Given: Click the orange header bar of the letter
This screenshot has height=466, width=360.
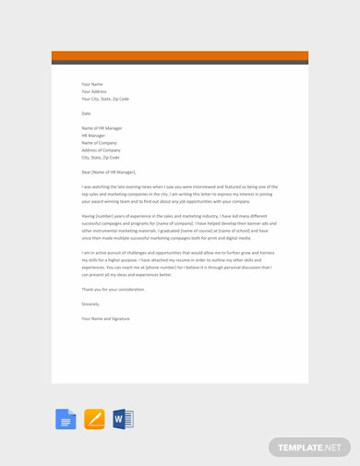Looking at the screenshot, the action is click(180, 55).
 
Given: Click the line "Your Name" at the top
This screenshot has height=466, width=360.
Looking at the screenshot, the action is click(92, 84).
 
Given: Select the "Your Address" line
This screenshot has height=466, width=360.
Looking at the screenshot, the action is click(94, 91).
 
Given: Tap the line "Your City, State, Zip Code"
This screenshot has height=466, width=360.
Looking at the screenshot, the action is click(105, 99).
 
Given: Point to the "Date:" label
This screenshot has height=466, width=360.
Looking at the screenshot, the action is click(87, 114).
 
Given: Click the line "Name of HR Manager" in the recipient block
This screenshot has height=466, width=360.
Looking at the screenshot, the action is click(102, 128).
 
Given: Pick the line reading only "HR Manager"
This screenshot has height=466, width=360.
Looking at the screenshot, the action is click(93, 136).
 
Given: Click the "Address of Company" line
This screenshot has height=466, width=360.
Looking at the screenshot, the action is click(102, 150).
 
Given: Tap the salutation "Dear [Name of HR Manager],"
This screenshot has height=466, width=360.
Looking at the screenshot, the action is click(109, 172).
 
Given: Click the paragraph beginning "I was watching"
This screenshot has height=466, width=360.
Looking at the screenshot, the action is click(179, 194).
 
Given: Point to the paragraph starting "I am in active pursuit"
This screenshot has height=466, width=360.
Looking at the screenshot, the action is click(179, 263).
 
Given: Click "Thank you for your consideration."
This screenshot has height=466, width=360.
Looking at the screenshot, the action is click(113, 289).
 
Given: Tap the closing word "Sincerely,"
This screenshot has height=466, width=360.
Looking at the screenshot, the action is click(90, 304).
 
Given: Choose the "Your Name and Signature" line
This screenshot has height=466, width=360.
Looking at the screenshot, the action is click(105, 318).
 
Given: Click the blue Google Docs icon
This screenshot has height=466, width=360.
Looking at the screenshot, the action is click(66, 419).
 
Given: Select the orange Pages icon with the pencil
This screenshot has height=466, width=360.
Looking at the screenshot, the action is click(94, 419).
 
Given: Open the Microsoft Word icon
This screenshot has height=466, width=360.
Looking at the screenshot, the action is click(123, 419).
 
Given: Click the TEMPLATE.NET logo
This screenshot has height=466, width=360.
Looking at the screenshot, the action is click(309, 448).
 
